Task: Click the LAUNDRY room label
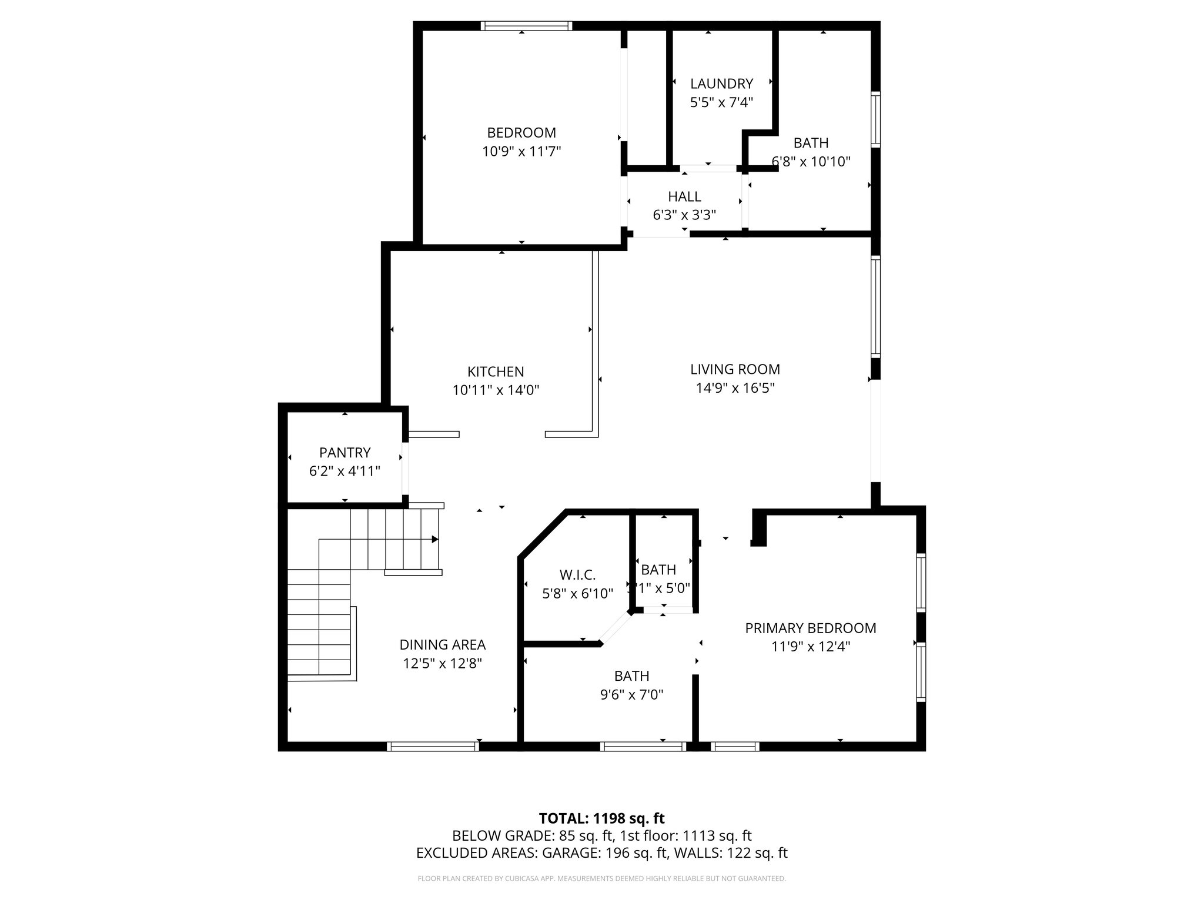[721, 83]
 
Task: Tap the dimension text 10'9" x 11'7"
[521, 152]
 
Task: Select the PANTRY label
[345, 453]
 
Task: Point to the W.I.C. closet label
[577, 574]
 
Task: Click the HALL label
[684, 196]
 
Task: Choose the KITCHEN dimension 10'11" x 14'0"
[496, 390]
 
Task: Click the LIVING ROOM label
[735, 369]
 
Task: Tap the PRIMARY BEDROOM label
[810, 628]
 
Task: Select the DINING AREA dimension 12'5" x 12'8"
[442, 663]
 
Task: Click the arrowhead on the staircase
[435, 539]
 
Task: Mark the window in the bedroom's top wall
[526, 25]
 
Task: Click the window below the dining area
[433, 747]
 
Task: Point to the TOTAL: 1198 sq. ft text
[601, 818]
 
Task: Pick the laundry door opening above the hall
[708, 169]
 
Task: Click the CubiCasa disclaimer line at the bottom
[601, 878]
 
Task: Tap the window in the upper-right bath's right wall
[875, 119]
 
